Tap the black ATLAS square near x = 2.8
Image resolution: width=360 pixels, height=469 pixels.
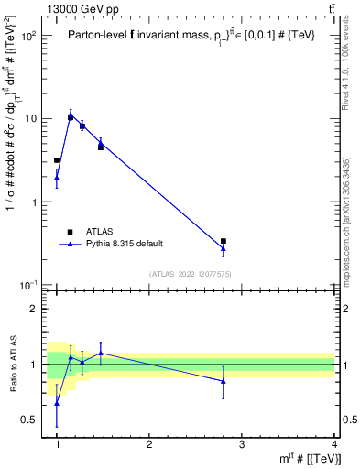tap(224, 241)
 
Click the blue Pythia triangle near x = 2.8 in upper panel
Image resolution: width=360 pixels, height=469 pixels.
tap(224, 248)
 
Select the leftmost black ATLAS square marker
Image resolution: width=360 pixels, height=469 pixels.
tap(57, 160)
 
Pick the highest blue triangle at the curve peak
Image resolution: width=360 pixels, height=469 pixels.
tap(71, 116)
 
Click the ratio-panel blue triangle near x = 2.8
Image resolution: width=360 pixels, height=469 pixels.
tap(224, 381)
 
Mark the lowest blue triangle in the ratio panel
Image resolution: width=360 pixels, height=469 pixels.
tap(57, 403)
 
